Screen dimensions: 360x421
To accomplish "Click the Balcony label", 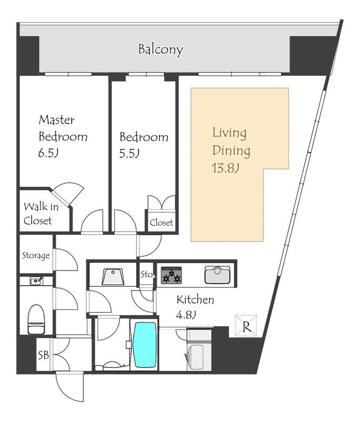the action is click(161, 49).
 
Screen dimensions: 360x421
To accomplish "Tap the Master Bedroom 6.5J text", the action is click(63, 136).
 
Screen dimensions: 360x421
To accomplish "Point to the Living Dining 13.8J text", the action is click(231, 151).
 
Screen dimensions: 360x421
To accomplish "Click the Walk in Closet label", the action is click(41, 214).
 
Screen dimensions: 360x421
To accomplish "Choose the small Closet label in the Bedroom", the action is click(161, 223).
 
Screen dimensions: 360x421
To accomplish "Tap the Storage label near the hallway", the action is click(36, 255).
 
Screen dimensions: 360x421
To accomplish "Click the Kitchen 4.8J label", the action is click(195, 307).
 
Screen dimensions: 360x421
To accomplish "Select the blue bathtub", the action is click(145, 345).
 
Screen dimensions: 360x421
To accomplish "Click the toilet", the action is click(36, 319).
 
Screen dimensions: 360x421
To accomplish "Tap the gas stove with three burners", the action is click(171, 275).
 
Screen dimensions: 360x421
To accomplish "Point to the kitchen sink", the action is click(217, 275).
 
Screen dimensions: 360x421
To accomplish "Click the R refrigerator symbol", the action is click(246, 326).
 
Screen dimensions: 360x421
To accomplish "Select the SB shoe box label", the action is click(43, 355).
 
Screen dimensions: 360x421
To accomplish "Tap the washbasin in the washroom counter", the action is click(113, 276).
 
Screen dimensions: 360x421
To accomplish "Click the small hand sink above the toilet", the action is click(36, 281).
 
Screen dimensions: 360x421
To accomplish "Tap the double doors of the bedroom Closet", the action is click(162, 202).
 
